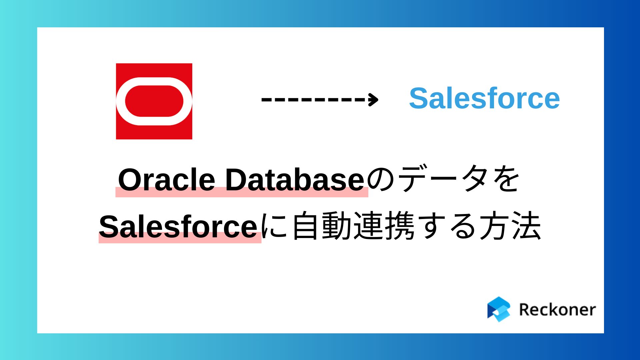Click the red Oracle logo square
[x=154, y=101]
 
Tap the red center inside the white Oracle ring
[x=154, y=101]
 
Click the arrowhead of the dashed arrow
[x=373, y=99]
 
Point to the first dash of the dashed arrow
[x=267, y=99]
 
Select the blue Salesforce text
[x=484, y=98]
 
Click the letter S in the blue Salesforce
[x=418, y=98]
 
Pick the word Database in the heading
[x=295, y=180]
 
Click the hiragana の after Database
[x=381, y=180]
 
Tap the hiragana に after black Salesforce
[x=274, y=226]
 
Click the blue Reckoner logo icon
[x=499, y=309]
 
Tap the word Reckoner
[x=557, y=310]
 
